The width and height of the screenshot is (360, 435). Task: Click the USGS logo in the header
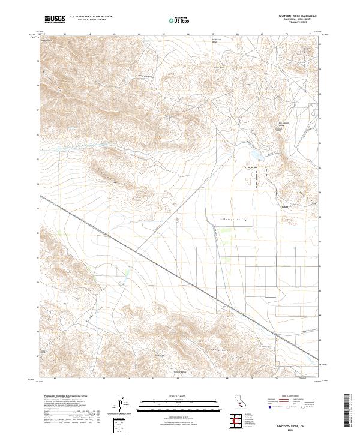(x=55, y=19)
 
